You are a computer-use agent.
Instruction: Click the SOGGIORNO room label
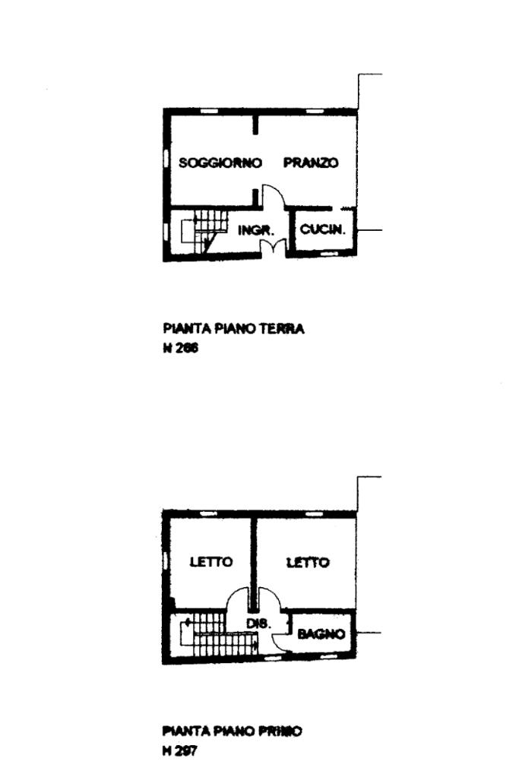click(x=220, y=163)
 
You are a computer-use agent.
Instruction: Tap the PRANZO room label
click(x=310, y=163)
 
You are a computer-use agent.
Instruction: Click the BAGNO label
click(x=321, y=633)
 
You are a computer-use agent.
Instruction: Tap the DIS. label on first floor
click(x=255, y=624)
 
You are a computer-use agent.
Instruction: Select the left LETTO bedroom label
click(x=210, y=562)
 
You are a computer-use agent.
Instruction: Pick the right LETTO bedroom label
click(x=308, y=562)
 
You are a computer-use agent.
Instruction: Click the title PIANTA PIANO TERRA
click(x=233, y=329)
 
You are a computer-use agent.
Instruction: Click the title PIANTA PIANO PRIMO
click(x=232, y=731)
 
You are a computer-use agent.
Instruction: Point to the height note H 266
click(x=180, y=350)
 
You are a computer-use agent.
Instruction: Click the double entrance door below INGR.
click(x=266, y=248)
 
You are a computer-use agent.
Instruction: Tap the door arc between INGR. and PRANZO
click(x=274, y=195)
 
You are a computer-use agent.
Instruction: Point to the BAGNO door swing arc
click(x=280, y=640)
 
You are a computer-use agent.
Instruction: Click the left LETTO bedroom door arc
click(x=239, y=599)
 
